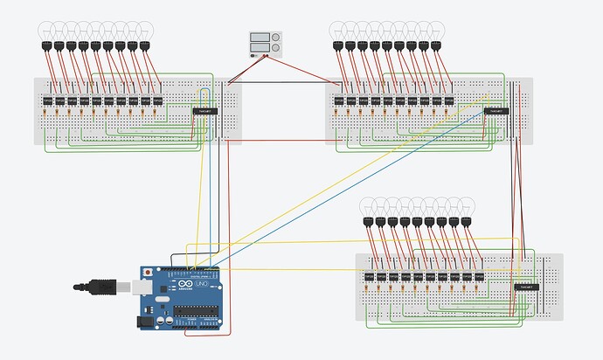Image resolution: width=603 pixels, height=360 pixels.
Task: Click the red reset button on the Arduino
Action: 154,273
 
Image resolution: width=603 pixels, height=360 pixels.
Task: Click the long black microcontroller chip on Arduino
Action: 204,317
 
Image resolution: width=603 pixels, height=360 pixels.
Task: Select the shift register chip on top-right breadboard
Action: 496,111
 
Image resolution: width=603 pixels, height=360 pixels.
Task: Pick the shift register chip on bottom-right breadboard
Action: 525,287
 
